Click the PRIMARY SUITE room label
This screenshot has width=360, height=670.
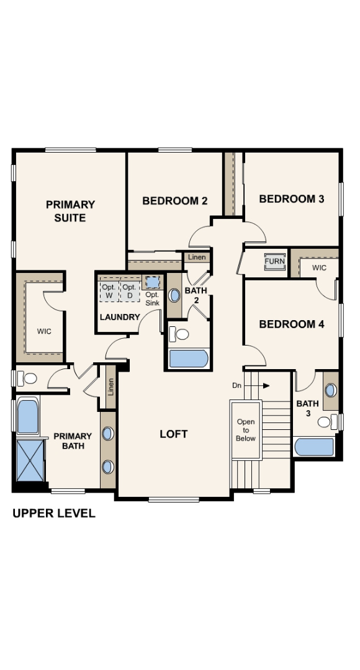[70, 211]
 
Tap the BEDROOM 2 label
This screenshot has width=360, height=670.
[174, 200]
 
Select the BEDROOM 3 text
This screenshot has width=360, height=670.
[292, 199]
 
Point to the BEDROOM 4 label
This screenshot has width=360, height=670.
[292, 324]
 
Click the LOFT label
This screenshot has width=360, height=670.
[174, 434]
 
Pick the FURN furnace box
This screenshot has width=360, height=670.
[274, 261]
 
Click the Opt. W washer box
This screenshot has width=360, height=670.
[109, 291]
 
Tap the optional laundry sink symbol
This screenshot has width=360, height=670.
[152, 283]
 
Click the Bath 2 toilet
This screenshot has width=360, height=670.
[181, 334]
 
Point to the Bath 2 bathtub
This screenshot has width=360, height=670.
[188, 359]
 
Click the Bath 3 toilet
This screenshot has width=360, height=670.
[325, 422]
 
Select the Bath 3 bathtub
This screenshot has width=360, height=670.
[314, 447]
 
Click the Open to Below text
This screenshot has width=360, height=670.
[246, 430]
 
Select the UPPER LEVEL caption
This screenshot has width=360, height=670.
[54, 513]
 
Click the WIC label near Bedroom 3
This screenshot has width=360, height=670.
[319, 268]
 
